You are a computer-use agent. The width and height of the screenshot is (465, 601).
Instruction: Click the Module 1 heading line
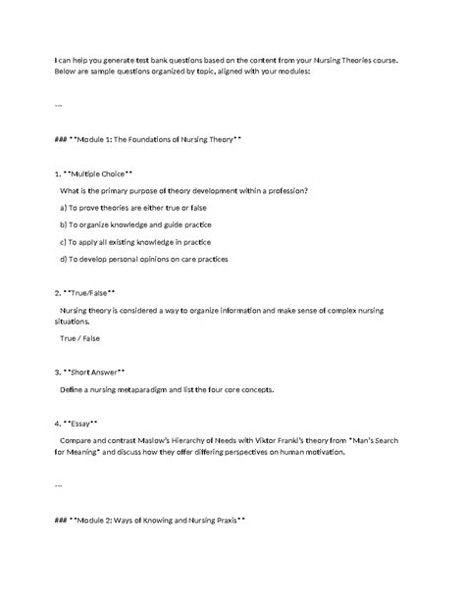point(148,140)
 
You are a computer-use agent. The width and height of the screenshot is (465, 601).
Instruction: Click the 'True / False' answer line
point(79,338)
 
